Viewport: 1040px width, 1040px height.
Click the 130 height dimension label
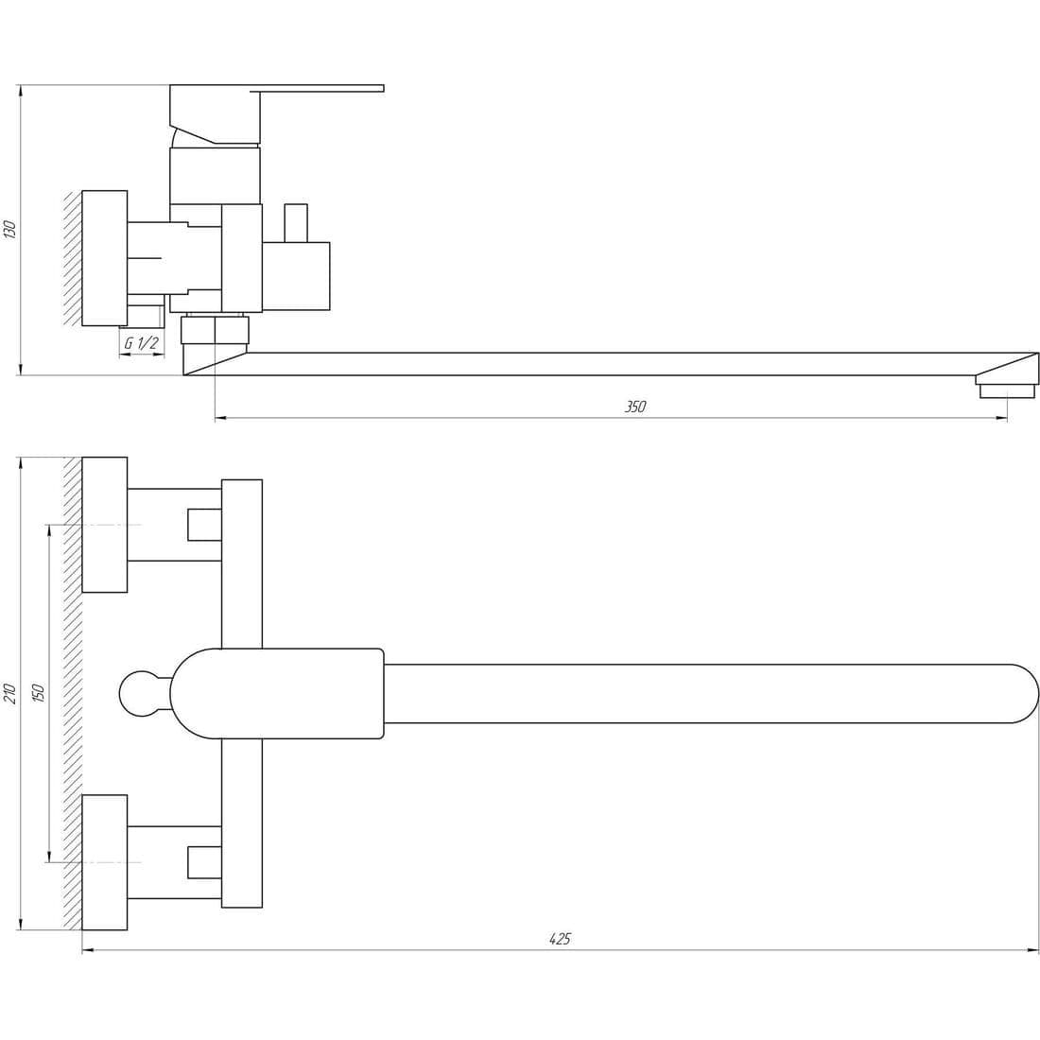click(x=10, y=229)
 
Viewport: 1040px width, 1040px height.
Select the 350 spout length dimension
click(x=634, y=407)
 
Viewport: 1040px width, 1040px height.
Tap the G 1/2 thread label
click(x=141, y=343)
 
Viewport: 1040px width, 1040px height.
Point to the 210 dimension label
click(x=10, y=693)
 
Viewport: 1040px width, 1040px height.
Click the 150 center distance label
click(x=39, y=693)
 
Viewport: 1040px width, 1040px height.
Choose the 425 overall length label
click(x=560, y=939)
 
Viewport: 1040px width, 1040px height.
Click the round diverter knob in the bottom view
click(x=141, y=694)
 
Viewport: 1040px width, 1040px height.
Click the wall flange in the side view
click(x=104, y=259)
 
